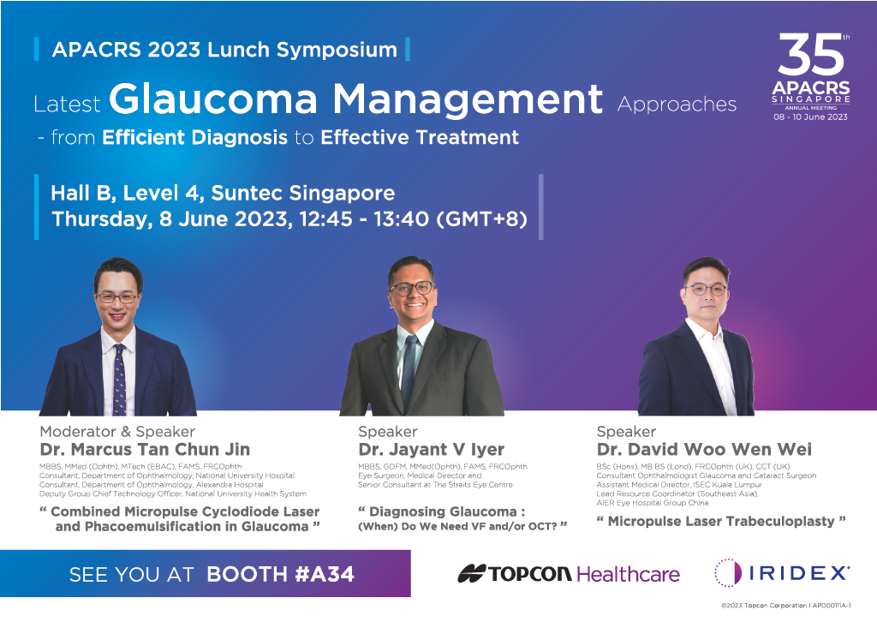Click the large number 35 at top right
pyautogui.click(x=810, y=54)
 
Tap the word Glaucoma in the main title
pyautogui.click(x=213, y=99)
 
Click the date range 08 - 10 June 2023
pyautogui.click(x=810, y=117)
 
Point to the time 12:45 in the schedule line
pyautogui.click(x=325, y=218)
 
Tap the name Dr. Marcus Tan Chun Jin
pyautogui.click(x=145, y=449)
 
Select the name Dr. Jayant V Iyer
pyautogui.click(x=432, y=449)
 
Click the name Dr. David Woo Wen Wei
pyautogui.click(x=704, y=449)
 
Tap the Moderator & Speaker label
pyautogui.click(x=117, y=431)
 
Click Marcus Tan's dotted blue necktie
pyautogui.click(x=119, y=380)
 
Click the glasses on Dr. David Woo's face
pyautogui.click(x=706, y=290)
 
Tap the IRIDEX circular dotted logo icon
pyautogui.click(x=728, y=573)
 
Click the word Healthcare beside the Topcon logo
pyautogui.click(x=628, y=574)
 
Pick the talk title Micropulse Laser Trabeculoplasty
pyautogui.click(x=721, y=521)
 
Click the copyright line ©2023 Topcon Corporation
pyautogui.click(x=786, y=605)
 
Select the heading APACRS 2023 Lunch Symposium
pyautogui.click(x=224, y=49)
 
